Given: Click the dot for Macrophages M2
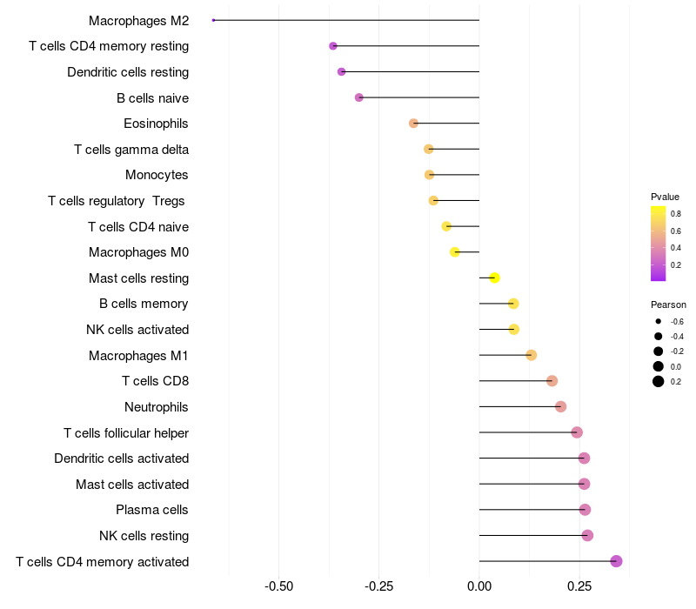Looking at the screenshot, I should point(213,20).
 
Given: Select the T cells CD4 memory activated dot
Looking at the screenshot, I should point(616,561).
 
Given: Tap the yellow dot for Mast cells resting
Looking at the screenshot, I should point(494,278).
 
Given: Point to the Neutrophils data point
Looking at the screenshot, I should point(560,406).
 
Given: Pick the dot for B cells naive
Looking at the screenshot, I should point(358,97).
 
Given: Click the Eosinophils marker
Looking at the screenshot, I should point(413,124).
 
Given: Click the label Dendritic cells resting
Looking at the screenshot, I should point(128,71).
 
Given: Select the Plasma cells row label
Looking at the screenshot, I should point(152,509).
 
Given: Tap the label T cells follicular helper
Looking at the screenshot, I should point(126,432).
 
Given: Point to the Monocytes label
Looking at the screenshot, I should point(157,175).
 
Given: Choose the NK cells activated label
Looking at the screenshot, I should point(137,329).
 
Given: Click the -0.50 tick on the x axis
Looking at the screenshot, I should point(278,586).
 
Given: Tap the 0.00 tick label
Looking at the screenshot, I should point(479,586).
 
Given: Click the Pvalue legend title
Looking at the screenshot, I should point(665,197).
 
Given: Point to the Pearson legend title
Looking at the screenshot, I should point(668,305).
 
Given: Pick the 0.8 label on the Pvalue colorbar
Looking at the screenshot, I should point(675,213).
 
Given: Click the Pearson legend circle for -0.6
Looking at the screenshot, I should point(659,322).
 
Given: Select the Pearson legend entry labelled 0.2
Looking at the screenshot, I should point(659,381).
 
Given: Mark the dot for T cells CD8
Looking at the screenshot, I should point(552,381).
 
